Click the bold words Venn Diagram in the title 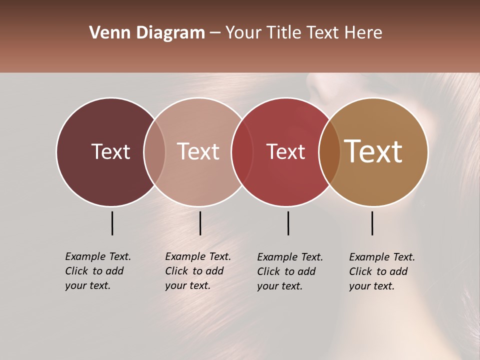click(147, 33)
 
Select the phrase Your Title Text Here click(303, 33)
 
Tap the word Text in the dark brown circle click(110, 151)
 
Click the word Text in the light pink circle click(198, 151)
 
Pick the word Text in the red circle click(285, 151)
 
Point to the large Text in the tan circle click(373, 151)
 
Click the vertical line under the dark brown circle click(112, 223)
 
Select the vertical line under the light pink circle click(200, 223)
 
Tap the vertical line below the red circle click(288, 223)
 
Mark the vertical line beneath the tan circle click(372, 223)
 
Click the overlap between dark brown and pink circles click(154, 151)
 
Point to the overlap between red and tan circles click(329, 151)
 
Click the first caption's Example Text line click(98, 256)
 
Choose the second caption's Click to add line click(194, 271)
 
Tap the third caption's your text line click(279, 286)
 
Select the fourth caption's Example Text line click(382, 257)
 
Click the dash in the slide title click(215, 33)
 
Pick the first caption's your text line click(87, 285)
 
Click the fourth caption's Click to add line click(378, 271)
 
